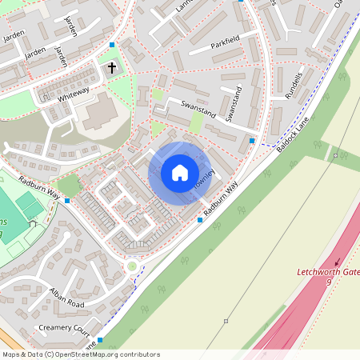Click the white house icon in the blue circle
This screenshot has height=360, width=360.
pos(179,173)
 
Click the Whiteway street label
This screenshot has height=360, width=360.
pos(73,95)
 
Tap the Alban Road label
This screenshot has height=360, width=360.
pos(66,298)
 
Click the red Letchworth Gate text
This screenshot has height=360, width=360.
pos(328,272)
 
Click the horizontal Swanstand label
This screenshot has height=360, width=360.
pos(198,106)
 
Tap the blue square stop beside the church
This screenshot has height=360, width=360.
pos(113,45)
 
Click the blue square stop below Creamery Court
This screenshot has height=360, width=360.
pos(100,340)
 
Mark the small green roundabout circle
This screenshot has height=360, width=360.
pos(132,266)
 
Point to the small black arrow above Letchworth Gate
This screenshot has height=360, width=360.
pos(337,261)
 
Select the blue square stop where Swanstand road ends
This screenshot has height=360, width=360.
pos(253,141)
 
